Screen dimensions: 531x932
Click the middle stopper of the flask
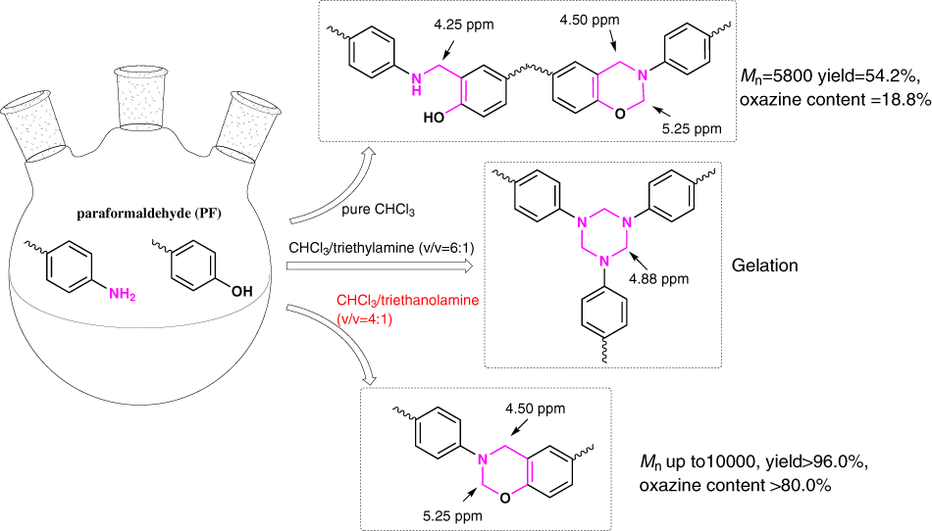tap(138, 102)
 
